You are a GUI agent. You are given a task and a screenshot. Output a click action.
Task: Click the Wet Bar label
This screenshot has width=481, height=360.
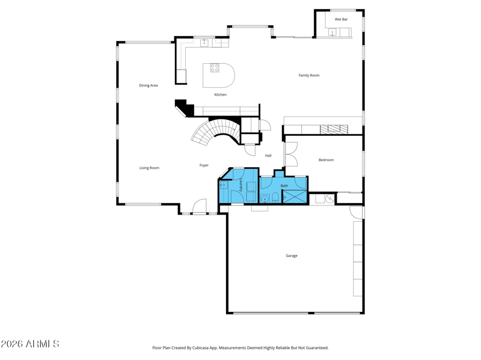(341, 19)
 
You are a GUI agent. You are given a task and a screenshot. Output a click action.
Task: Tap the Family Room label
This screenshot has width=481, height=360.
(309, 76)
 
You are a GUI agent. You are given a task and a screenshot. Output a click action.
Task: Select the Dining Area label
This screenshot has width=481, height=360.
(149, 85)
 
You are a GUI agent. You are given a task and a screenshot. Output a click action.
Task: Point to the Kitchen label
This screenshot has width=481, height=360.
(220, 95)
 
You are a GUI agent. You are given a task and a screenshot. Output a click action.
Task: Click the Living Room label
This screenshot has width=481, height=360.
(149, 168)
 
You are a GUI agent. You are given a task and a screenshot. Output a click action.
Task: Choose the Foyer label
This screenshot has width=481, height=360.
(204, 165)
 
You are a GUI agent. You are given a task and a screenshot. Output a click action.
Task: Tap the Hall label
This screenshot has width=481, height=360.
(268, 156)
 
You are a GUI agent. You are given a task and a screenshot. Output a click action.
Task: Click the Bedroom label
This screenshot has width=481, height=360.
(326, 160)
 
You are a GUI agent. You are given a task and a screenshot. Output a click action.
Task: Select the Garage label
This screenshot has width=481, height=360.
(292, 256)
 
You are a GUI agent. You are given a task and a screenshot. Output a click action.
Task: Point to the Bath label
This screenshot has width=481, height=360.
(284, 186)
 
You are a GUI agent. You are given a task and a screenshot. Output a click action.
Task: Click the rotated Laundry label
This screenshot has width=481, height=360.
(241, 185)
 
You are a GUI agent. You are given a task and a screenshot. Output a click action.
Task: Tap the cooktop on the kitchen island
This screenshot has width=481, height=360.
(215, 68)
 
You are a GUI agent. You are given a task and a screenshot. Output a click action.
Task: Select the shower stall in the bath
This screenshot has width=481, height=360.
(295, 197)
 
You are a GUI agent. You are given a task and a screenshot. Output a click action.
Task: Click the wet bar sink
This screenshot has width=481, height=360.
(332, 32)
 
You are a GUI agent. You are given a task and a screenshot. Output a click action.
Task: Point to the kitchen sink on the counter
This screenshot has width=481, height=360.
(204, 43)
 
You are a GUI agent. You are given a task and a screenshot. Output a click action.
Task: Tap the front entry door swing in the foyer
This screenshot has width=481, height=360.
(200, 206)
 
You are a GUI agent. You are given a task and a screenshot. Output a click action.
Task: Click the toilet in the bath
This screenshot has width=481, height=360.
(275, 198)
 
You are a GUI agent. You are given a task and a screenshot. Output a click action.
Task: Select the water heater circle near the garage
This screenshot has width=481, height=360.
(329, 199)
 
